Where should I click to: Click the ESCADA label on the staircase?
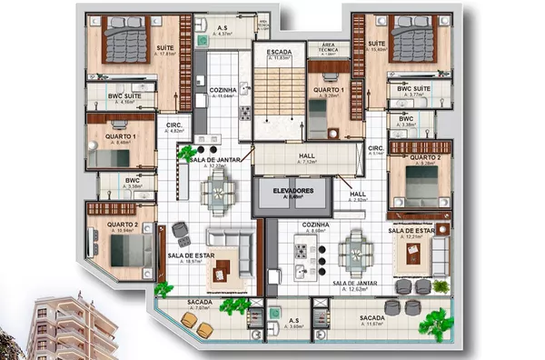tap(279, 53)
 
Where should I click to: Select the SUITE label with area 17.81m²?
tap(166, 48)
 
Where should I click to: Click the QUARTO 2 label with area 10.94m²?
tap(122, 225)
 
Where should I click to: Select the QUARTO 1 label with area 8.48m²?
tap(122, 137)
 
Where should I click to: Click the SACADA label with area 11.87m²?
tap(372, 318)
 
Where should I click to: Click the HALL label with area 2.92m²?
tap(358, 194)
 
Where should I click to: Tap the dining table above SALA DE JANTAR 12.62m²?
tap(353, 248)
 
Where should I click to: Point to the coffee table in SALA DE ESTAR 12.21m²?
tap(414, 255)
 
